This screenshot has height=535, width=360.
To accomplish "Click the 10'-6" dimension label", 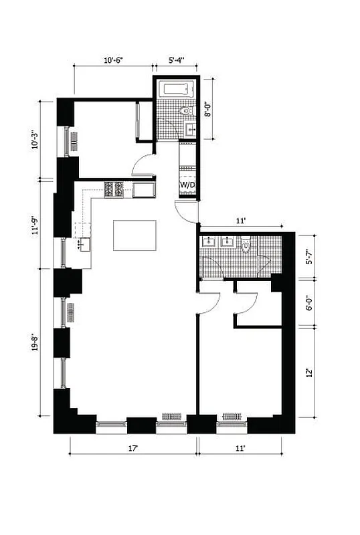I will click(113, 60).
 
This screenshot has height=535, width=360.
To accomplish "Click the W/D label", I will click(187, 185).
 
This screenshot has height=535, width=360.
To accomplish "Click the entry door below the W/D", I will click(187, 212).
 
